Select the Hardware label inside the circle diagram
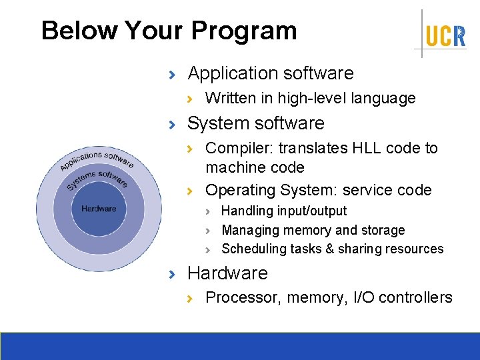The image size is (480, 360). point(99,209)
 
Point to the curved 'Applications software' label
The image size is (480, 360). point(97,160)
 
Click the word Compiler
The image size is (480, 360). point(234,148)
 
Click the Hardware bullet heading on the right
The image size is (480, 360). point(227,273)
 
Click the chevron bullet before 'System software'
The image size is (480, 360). point(173,124)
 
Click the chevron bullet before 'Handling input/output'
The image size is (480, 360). point(208,211)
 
